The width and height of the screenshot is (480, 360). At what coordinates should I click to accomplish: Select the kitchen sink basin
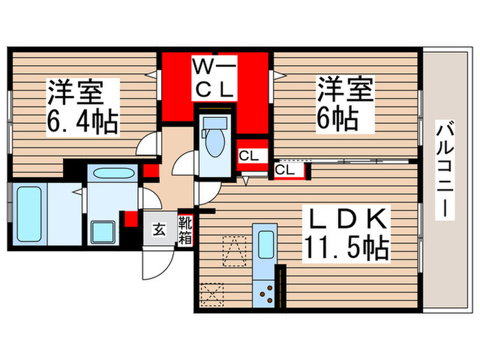coord(264,243)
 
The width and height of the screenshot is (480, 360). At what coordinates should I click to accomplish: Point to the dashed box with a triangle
coord(232,250)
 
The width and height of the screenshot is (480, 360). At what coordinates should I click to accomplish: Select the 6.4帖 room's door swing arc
coord(146,143)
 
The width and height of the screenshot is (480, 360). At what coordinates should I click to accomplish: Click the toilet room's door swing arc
coord(183,165)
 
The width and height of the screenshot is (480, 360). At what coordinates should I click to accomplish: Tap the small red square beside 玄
coord(130,219)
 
